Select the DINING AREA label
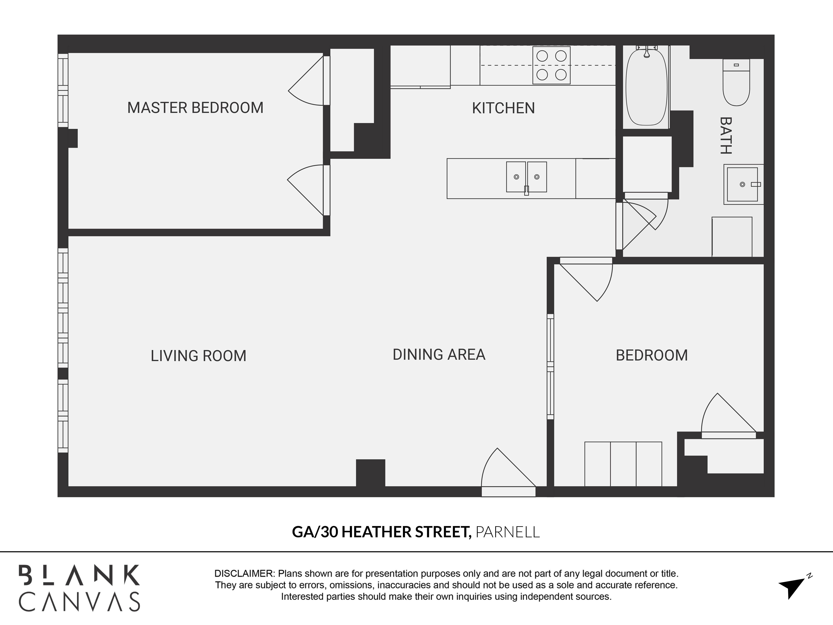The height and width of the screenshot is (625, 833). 439,355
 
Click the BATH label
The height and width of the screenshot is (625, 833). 726,136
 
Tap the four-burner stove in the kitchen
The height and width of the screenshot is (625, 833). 551,65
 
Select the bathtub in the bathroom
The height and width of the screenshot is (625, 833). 646,87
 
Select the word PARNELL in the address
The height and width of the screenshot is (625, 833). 508,532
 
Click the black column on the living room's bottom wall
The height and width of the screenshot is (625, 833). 370,473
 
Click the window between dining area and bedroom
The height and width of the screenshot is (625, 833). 550,366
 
